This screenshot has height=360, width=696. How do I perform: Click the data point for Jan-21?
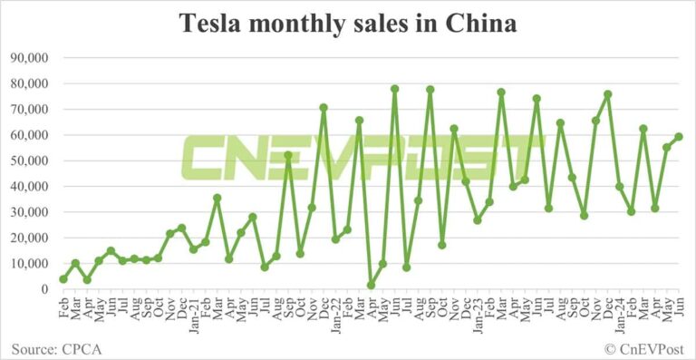pyautogui.click(x=194, y=249)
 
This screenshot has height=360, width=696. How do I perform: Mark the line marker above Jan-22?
pyautogui.click(x=335, y=239)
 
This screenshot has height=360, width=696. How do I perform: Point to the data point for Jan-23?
pyautogui.click(x=478, y=220)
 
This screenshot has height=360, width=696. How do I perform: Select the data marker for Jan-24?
pyautogui.click(x=620, y=187)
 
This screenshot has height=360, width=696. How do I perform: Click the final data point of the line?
pyautogui.click(x=679, y=137)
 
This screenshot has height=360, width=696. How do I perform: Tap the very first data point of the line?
pyautogui.click(x=63, y=279)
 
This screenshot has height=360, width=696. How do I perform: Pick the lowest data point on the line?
pyautogui.click(x=371, y=286)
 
